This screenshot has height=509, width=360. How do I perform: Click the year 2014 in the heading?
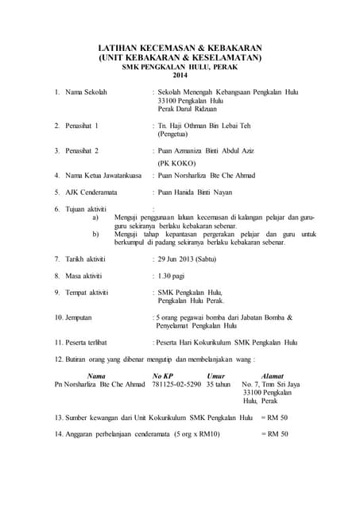180,76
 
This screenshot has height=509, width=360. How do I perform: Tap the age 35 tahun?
219,384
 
